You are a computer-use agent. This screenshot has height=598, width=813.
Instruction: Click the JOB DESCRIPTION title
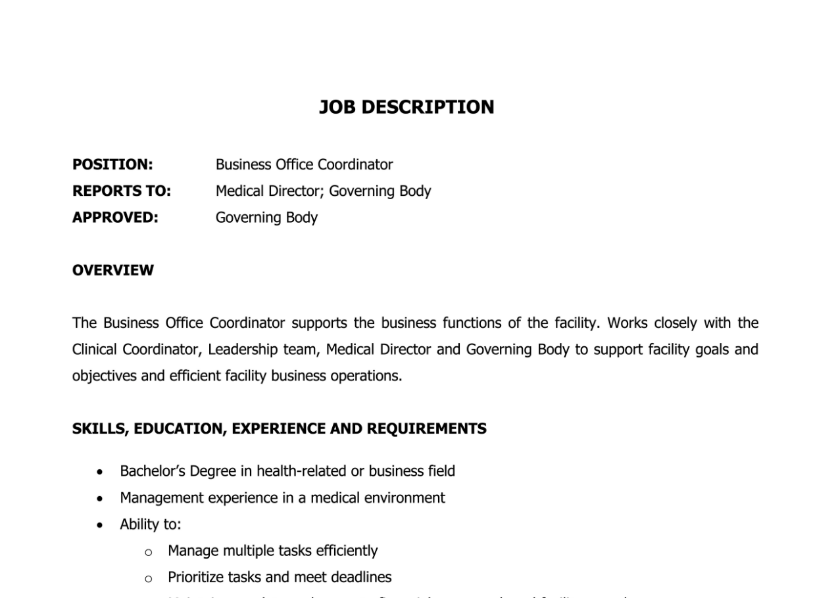click(406, 107)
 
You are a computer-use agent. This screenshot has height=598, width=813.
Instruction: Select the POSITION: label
click(112, 164)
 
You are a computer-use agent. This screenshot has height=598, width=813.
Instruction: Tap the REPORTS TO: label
click(121, 191)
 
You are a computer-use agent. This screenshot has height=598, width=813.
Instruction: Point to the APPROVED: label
click(115, 218)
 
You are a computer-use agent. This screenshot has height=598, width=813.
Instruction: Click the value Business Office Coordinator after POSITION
click(304, 164)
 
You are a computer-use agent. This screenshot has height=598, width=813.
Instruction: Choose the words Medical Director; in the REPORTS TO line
click(270, 191)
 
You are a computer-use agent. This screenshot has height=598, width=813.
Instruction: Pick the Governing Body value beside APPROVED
click(266, 218)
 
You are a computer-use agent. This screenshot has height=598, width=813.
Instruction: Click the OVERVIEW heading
click(112, 270)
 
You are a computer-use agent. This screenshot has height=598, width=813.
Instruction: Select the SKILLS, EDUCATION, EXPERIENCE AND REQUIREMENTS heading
click(279, 428)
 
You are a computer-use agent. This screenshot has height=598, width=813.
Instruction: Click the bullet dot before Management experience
click(99, 499)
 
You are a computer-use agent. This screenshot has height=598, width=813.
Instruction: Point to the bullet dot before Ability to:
click(99, 525)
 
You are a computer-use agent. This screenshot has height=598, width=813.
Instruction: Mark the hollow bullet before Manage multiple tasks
click(149, 551)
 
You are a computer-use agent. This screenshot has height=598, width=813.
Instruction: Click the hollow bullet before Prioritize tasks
click(149, 578)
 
